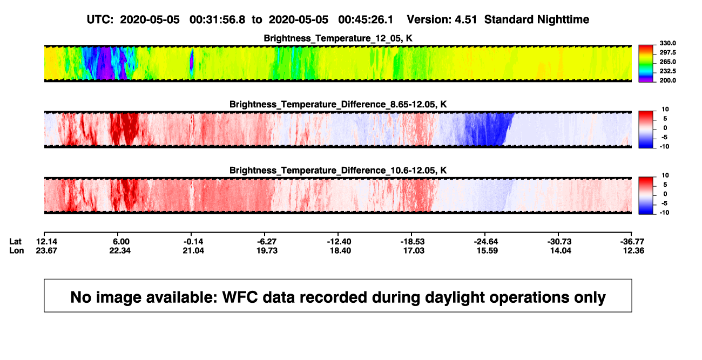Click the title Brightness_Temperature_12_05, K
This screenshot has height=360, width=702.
click(x=338, y=38)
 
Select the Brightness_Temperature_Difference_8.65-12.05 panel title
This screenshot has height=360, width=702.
click(x=338, y=104)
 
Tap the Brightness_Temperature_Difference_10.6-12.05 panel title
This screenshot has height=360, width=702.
click(x=338, y=171)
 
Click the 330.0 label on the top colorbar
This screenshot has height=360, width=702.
click(x=667, y=43)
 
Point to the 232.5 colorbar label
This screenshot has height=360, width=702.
click(x=667, y=71)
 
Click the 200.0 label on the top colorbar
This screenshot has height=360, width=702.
click(x=667, y=80)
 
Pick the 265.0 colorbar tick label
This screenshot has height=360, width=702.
click(x=667, y=62)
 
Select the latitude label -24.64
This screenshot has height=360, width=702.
click(x=486, y=242)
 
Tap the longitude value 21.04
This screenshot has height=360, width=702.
click(x=193, y=250)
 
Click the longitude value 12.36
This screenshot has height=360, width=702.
click(x=633, y=250)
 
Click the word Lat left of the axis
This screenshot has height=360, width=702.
click(x=15, y=242)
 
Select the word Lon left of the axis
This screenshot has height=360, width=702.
click(x=16, y=250)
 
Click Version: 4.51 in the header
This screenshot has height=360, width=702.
click(x=442, y=19)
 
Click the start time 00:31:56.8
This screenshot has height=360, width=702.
click(x=218, y=19)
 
